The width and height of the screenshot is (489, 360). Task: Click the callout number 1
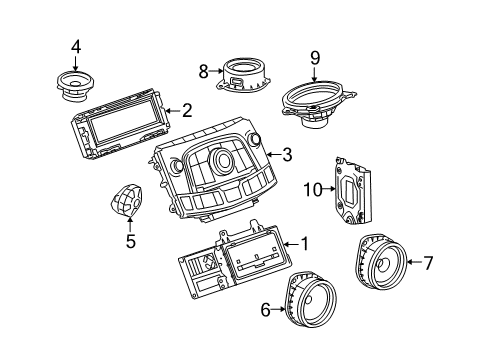click(x=306, y=242)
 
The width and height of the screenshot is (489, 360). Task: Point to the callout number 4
click(x=76, y=46)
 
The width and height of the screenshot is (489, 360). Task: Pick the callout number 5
click(x=129, y=240)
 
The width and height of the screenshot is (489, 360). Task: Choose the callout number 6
click(x=266, y=310)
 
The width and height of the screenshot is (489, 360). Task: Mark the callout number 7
click(x=428, y=263)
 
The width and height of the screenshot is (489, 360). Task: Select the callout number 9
click(x=314, y=57)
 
